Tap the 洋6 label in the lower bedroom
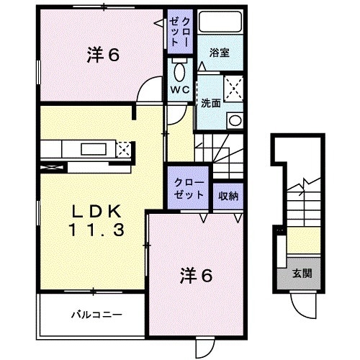(x=195, y=274)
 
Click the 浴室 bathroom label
(x=220, y=53)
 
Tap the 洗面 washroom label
(x=211, y=103)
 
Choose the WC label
(x=180, y=90)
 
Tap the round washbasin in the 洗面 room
(x=233, y=120)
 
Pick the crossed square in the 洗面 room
(x=234, y=89)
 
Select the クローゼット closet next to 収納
(x=189, y=189)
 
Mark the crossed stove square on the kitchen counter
(x=123, y=150)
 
